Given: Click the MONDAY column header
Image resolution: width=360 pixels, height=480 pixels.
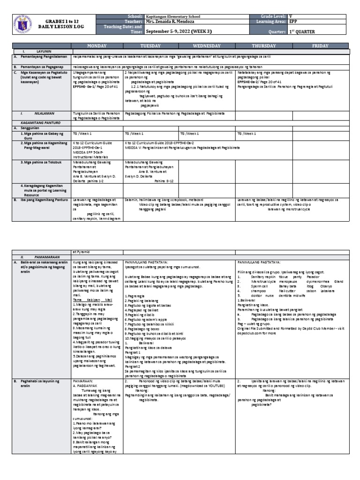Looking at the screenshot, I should pyautogui.click(x=97, y=46).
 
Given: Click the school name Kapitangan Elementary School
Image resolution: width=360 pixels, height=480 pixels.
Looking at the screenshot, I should pyautogui.click(x=159, y=16).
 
